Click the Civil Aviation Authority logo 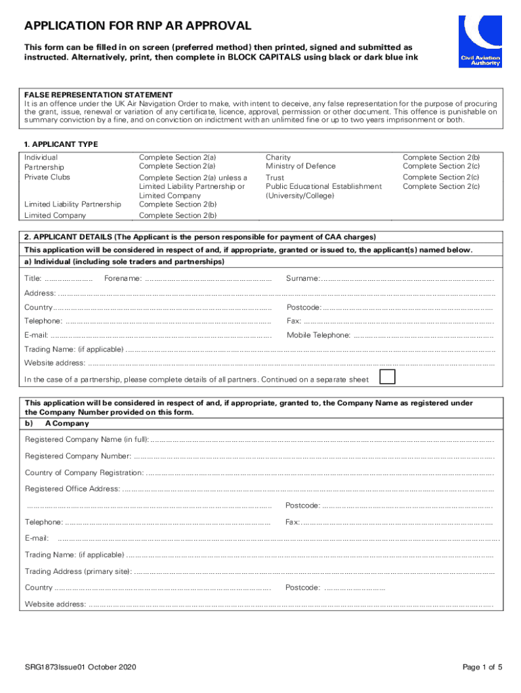(x=480, y=41)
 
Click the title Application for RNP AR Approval (x=137, y=26)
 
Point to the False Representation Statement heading (x=99, y=95)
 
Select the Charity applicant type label (x=278, y=157)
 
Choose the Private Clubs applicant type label (x=47, y=177)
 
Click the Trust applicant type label (x=275, y=177)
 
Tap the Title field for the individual (x=68, y=279)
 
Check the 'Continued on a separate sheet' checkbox (x=387, y=377)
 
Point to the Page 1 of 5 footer (x=482, y=667)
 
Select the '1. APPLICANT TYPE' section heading (x=62, y=144)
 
